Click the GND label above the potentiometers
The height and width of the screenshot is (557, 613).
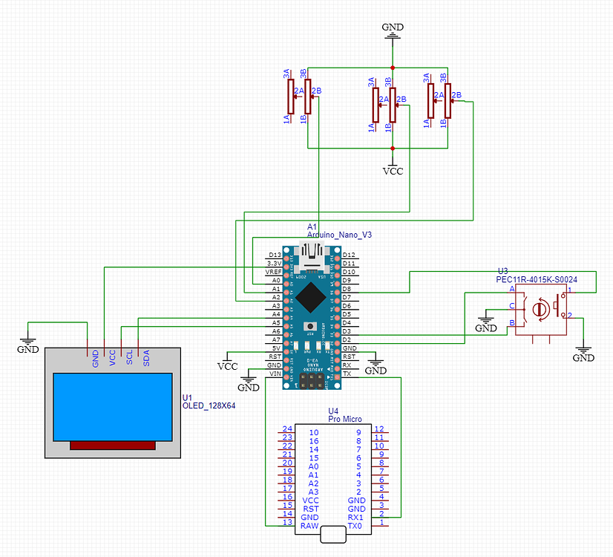(393, 27)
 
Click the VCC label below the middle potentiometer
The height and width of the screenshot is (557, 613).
(393, 171)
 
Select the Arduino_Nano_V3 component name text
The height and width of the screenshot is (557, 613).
(339, 234)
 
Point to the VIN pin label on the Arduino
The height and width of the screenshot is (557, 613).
(275, 374)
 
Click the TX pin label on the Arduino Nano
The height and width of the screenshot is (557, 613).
(347, 374)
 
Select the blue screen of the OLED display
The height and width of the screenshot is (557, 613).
(113, 406)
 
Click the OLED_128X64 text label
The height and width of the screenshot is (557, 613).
(209, 405)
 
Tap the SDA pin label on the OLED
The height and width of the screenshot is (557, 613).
(146, 358)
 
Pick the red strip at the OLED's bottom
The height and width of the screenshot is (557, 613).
(113, 445)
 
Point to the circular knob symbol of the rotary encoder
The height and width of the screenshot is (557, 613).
(541, 306)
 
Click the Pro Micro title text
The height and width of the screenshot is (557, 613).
(344, 420)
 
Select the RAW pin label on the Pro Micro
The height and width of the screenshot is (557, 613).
(309, 526)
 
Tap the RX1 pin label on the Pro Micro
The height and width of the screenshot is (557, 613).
(356, 517)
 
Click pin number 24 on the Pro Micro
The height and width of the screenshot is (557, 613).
(287, 429)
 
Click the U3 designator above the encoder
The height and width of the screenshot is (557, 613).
(502, 271)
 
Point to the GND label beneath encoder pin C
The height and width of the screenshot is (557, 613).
(486, 328)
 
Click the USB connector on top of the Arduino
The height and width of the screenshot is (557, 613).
(312, 255)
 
